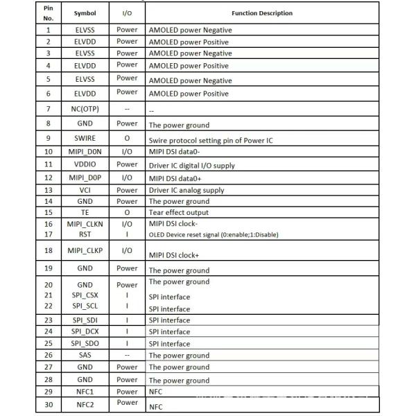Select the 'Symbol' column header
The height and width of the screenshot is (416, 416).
[85, 13]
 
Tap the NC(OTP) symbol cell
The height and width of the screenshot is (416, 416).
[85, 109]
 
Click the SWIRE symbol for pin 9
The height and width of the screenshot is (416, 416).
[85, 139]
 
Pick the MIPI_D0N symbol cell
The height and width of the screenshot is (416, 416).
[85, 152]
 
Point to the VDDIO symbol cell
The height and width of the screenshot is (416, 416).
[85, 165]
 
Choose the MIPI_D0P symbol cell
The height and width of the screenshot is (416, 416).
[85, 178]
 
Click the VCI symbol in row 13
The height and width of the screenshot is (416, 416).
[85, 190]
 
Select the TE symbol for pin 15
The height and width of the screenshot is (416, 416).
[85, 212]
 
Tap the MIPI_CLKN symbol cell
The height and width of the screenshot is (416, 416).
[85, 224]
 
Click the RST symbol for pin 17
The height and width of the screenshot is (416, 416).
[85, 234]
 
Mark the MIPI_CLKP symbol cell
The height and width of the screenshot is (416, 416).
[85, 250]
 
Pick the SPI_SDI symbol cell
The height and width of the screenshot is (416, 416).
[85, 320]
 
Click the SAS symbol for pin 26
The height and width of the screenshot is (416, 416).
[85, 355]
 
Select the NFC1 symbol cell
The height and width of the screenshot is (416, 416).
[85, 392]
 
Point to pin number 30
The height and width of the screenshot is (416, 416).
[49, 405]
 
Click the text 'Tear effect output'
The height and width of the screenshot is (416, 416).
[178, 213]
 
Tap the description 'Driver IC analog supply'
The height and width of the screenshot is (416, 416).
[187, 191]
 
